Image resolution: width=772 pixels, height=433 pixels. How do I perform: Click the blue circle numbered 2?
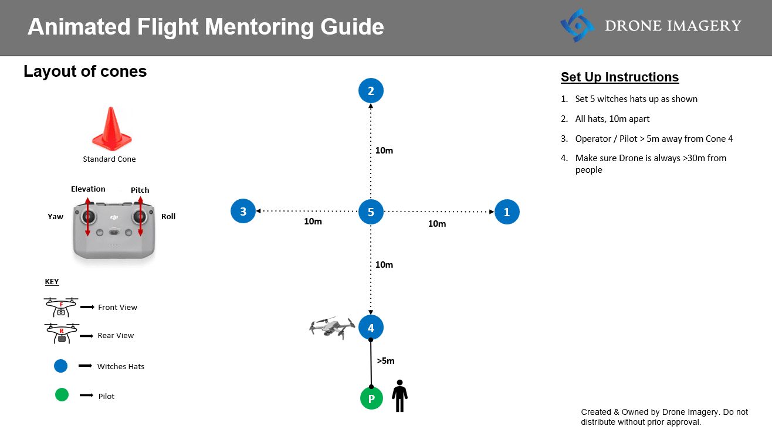coord(371,90)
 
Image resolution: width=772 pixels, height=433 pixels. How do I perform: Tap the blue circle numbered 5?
coord(371,212)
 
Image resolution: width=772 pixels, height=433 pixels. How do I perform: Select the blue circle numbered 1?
coord(507,212)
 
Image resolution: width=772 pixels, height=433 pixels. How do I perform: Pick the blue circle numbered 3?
coord(243,211)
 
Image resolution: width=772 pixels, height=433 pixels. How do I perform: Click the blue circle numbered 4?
coord(371,328)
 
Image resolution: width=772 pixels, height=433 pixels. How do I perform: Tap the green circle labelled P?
coord(371,398)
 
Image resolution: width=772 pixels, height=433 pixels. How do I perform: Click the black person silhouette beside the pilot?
coord(400,396)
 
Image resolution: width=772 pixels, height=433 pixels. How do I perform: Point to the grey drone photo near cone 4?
coord(332,328)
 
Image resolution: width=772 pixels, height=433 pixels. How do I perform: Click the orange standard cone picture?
coord(111,129)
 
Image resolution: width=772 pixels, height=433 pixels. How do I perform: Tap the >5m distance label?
coord(385,361)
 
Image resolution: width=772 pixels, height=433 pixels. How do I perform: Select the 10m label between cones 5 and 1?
coord(437,224)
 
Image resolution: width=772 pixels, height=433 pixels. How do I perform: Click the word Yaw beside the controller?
coord(56,217)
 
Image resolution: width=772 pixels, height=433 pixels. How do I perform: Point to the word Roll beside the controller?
coord(168,217)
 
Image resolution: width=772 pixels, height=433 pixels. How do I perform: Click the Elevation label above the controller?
coord(88,189)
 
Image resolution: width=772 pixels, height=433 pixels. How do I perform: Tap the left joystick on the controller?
coord(88,217)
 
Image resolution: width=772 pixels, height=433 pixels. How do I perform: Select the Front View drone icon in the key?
coord(61,307)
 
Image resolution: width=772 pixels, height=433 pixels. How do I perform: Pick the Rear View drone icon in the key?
coord(62,333)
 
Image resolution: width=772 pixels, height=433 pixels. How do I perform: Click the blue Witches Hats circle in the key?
coord(60,366)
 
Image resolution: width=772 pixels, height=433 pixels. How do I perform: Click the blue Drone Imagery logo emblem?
coord(577,25)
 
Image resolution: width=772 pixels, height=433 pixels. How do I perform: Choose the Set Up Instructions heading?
coord(619,77)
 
